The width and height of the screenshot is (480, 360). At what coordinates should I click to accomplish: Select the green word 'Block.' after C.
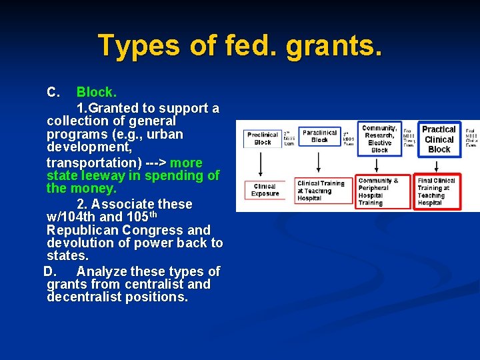(x=97, y=92)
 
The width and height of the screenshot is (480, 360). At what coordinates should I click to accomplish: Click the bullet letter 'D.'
(x=51, y=271)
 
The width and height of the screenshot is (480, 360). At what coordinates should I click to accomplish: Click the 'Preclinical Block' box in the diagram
(x=263, y=139)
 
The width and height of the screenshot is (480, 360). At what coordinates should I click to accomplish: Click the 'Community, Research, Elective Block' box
(x=379, y=139)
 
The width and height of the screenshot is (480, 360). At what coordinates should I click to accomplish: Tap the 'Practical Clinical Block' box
(x=439, y=139)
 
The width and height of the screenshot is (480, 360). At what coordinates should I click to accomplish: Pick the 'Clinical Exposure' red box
(x=265, y=190)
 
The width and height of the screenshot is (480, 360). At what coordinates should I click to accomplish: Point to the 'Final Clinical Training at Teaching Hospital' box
(x=437, y=191)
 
